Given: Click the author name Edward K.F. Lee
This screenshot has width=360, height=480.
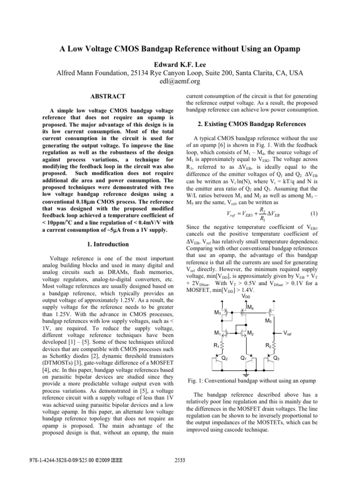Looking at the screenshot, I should coord(180,64).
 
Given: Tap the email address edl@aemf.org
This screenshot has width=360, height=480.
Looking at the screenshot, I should coord(180,81).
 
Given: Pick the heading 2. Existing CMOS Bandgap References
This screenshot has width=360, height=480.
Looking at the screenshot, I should coord(253,124).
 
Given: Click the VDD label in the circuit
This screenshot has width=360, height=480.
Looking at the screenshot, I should coord(246,296).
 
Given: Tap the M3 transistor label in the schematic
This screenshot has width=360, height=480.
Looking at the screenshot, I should coord(217,313).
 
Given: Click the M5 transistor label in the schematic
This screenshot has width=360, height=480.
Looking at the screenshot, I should coord(269,321).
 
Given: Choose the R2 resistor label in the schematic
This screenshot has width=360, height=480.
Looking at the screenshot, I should coord(267,345).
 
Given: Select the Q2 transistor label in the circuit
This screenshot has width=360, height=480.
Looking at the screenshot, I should coord(225,358).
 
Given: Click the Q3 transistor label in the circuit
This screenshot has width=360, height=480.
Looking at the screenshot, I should coord(277,358).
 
